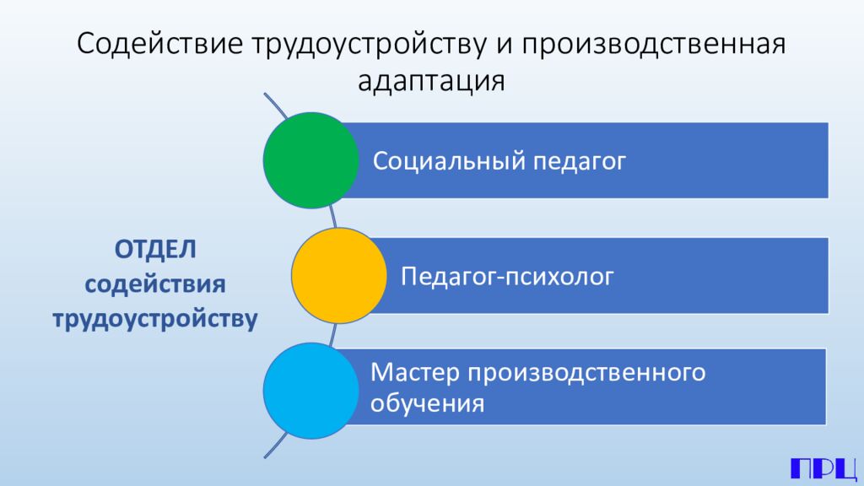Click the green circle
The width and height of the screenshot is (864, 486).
(x=310, y=159)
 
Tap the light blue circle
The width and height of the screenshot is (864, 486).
(x=310, y=390)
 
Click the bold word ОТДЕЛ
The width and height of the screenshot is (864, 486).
(x=155, y=251)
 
